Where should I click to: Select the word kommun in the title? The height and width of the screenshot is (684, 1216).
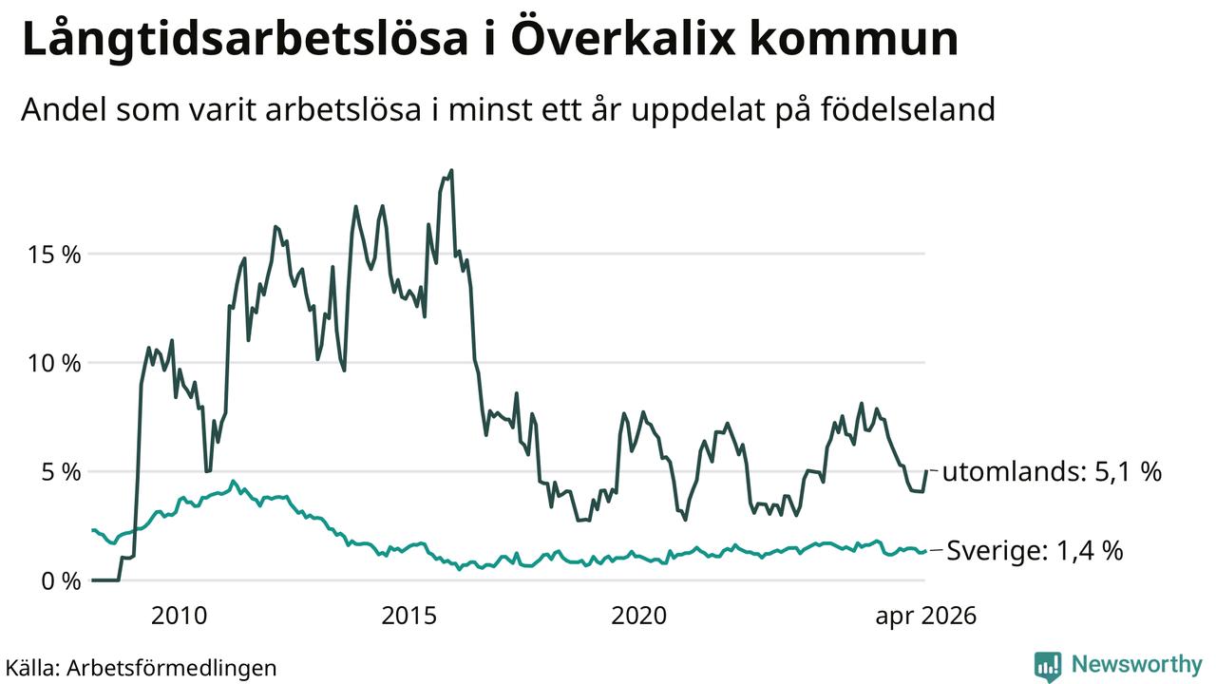tap(854, 39)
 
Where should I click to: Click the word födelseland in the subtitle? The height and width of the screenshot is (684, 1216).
tap(907, 109)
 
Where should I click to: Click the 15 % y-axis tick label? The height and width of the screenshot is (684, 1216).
tap(54, 254)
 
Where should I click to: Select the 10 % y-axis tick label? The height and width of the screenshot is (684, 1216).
tap(54, 363)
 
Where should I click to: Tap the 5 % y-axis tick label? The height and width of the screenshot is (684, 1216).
tap(61, 472)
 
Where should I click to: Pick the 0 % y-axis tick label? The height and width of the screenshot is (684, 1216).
tap(61, 581)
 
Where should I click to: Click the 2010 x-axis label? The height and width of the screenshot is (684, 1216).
tap(180, 617)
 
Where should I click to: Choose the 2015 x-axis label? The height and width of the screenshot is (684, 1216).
tap(408, 617)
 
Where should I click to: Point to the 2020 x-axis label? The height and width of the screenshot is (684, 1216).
tap(639, 617)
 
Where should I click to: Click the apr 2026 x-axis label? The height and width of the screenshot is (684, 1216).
tap(925, 617)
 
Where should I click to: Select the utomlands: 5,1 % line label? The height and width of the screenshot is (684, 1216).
tap(1052, 471)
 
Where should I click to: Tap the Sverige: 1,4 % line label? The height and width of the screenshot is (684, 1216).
tap(1035, 550)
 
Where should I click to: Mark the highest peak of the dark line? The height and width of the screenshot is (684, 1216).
tap(451, 170)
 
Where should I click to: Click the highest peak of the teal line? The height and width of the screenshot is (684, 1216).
tap(234, 481)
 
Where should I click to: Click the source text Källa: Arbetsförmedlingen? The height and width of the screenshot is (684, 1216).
tap(142, 668)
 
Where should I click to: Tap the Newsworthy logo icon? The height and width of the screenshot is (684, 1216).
tap(1048, 666)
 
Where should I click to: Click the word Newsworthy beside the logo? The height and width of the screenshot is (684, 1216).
tap(1137, 664)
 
